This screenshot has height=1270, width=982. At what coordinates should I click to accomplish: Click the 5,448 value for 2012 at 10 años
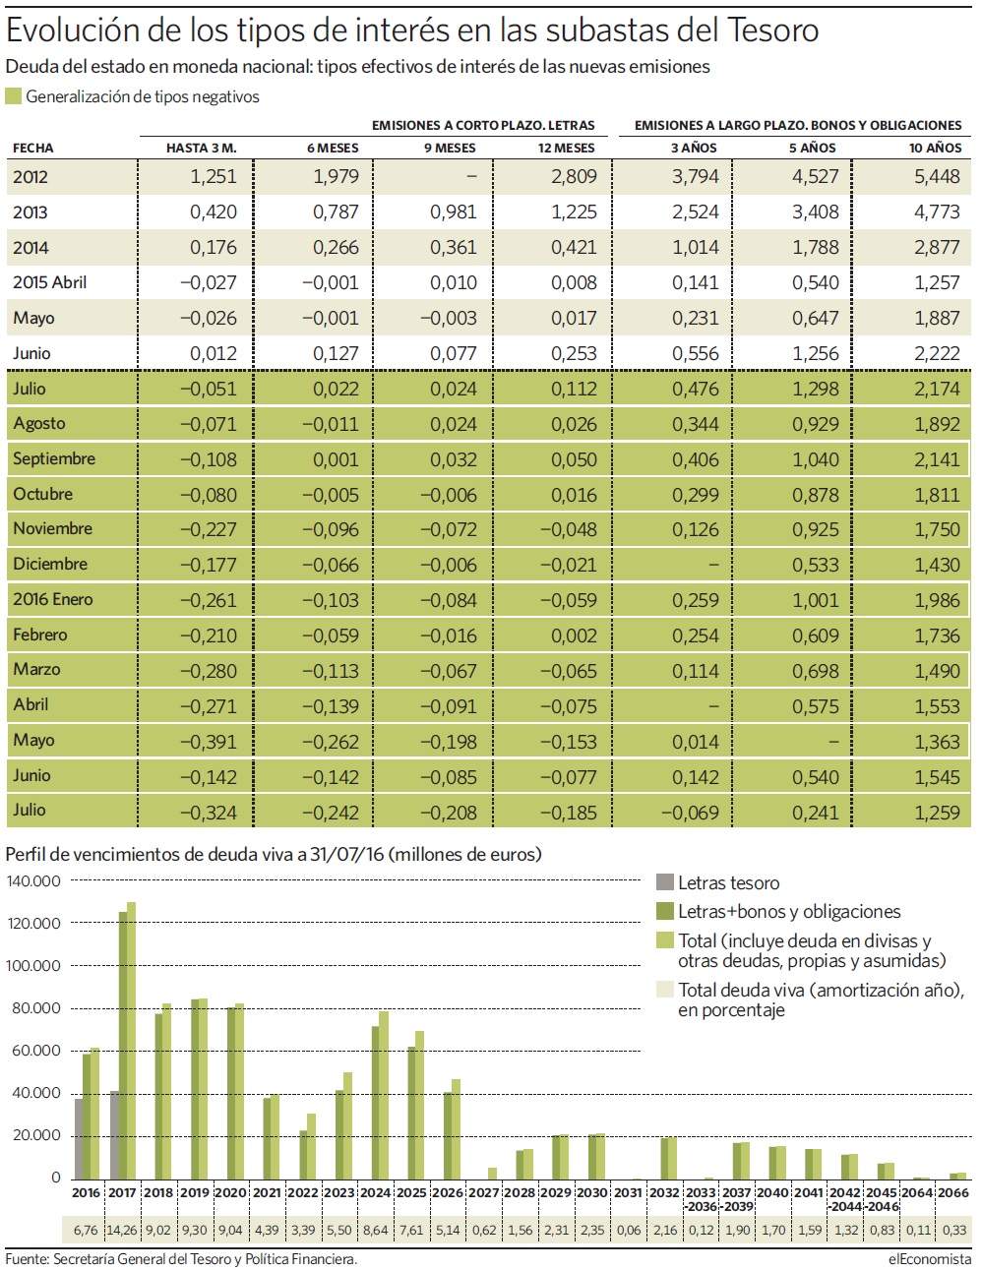click(937, 176)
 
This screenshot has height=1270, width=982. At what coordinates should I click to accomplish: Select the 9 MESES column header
click(450, 149)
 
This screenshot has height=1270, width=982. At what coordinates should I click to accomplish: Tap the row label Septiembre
click(54, 458)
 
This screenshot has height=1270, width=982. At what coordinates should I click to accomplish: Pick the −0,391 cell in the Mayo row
click(208, 742)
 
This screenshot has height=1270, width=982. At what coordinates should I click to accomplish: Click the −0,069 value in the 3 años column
click(690, 813)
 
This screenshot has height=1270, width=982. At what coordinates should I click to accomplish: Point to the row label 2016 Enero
click(52, 599)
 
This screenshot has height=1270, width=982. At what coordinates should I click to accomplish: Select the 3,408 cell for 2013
click(816, 212)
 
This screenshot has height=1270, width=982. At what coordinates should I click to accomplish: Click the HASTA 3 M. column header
click(201, 149)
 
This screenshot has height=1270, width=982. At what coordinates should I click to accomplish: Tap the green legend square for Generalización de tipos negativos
click(13, 96)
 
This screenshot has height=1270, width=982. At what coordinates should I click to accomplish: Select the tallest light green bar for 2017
click(131, 1041)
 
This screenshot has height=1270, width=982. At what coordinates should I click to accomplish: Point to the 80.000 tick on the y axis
click(33, 1008)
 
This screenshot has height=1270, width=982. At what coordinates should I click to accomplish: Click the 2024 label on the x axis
click(375, 1192)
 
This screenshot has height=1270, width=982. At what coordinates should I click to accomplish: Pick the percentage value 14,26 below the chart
click(122, 1230)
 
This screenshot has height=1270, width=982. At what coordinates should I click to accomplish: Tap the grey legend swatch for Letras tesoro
click(664, 882)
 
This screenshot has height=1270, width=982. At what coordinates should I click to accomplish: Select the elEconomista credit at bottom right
click(930, 1259)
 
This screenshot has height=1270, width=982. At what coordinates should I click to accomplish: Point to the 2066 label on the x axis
click(953, 1192)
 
